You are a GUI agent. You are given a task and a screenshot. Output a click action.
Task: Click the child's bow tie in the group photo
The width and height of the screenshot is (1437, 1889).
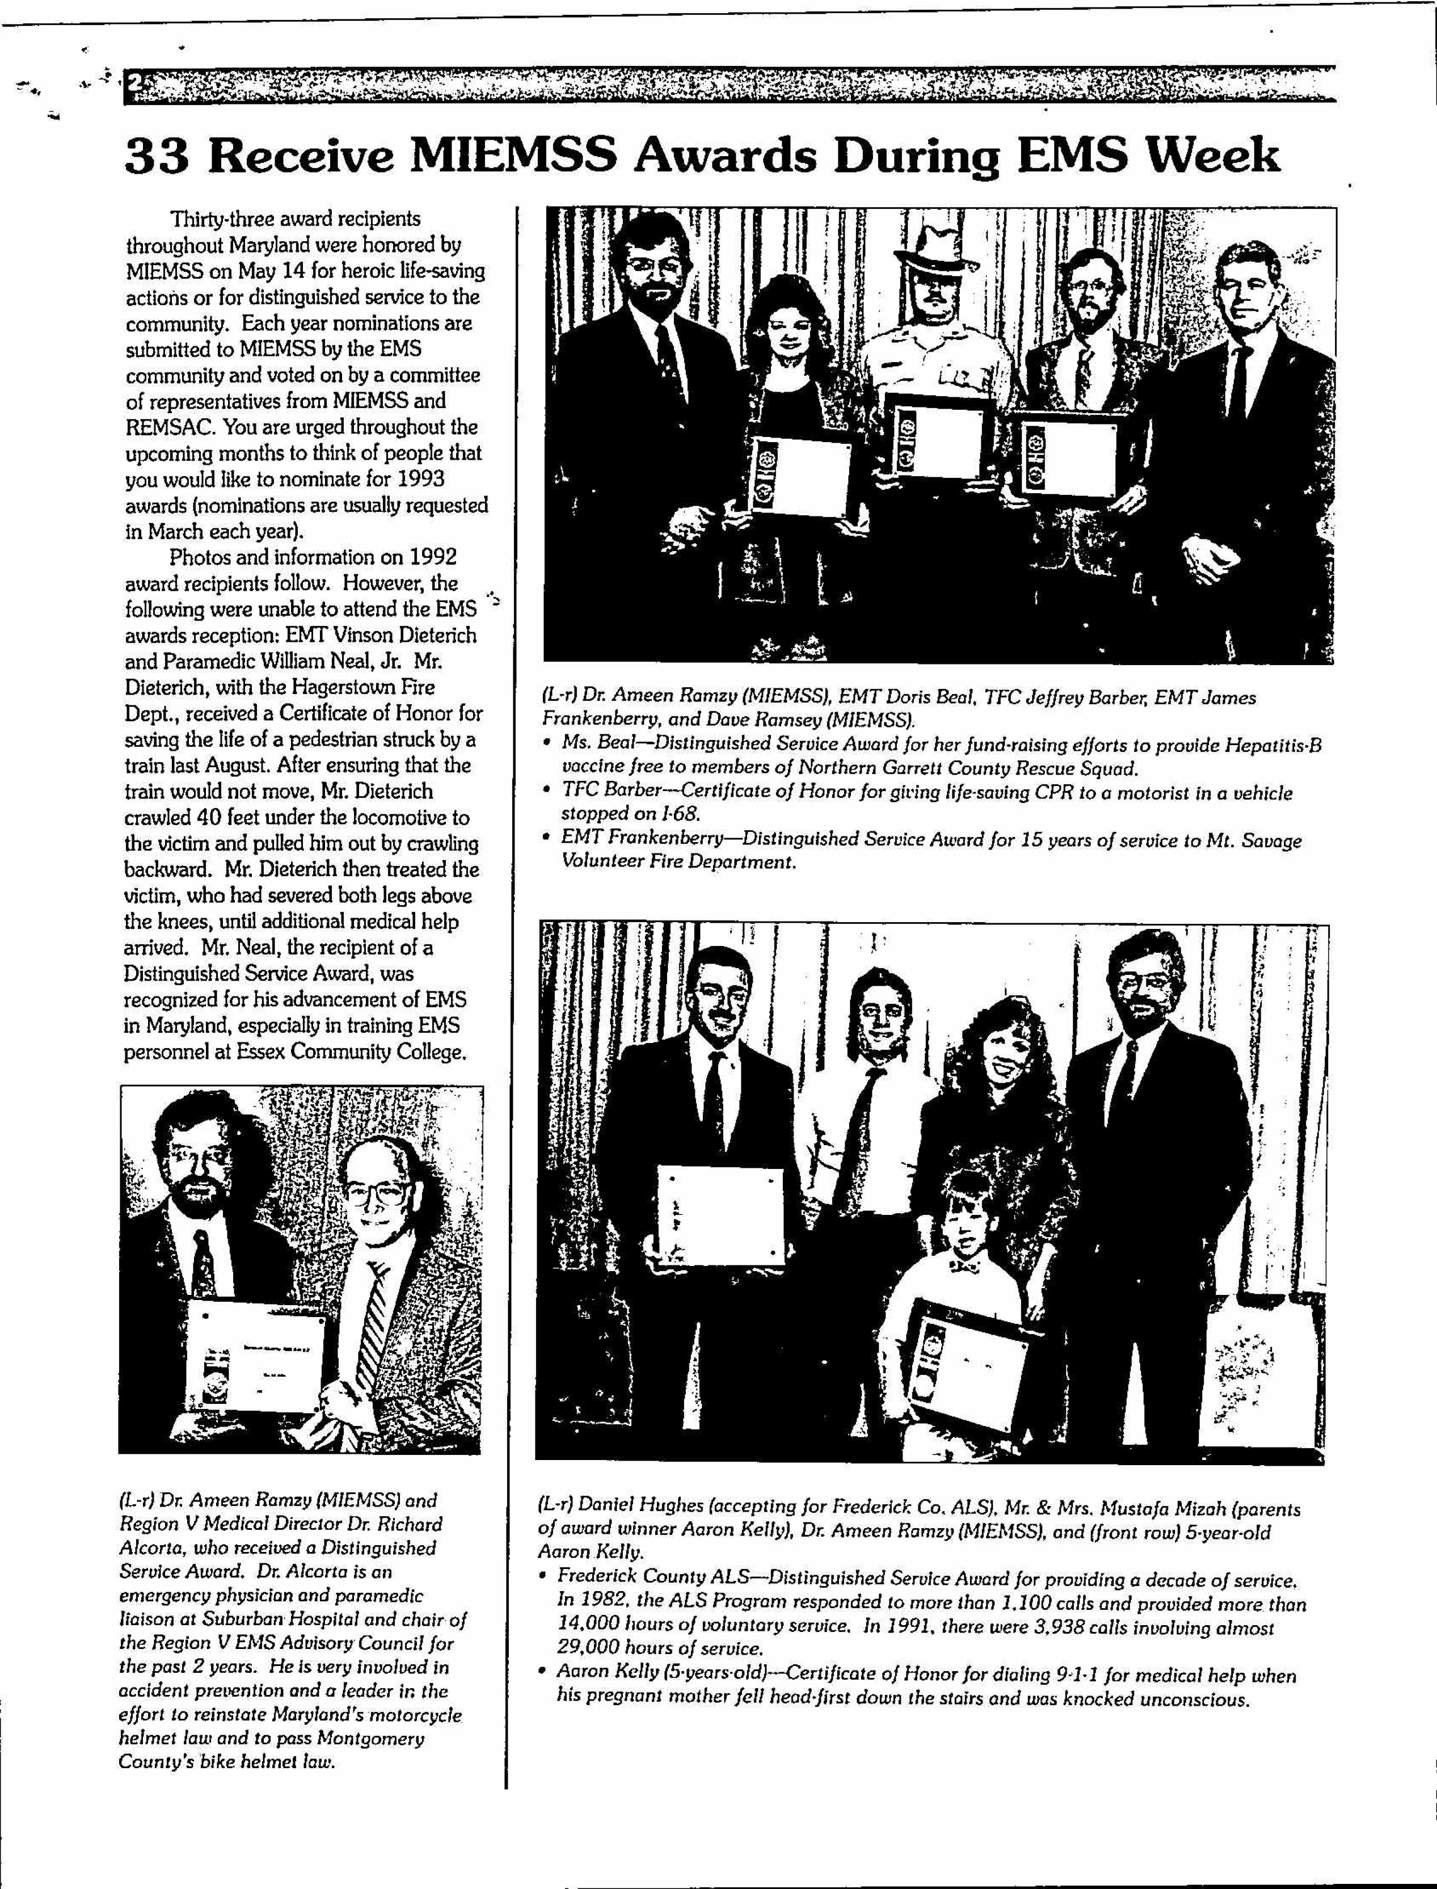click(963, 1267)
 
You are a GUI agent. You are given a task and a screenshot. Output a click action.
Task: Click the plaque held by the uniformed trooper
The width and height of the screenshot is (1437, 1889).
click(937, 444)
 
